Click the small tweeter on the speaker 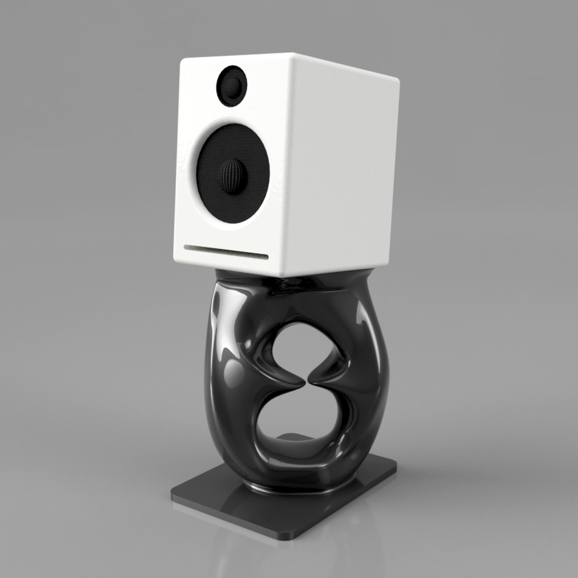coord(231,86)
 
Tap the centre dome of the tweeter coord(233,86)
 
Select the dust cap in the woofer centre coord(233,175)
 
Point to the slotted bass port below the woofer coord(225,251)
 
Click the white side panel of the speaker coord(343,168)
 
